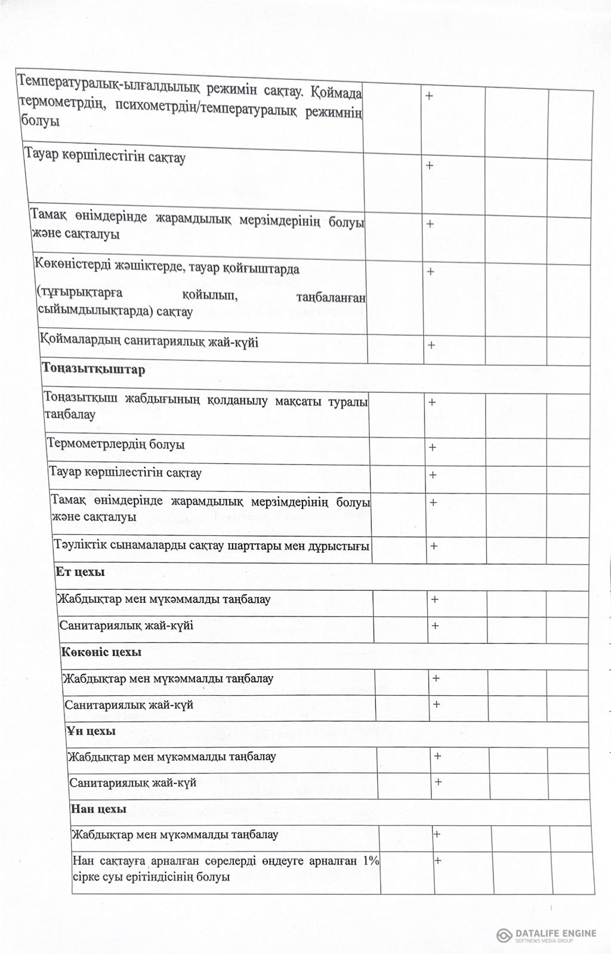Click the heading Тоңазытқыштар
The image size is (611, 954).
pos(93,369)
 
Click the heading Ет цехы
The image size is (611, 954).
pos(80,572)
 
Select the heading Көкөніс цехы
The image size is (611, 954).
pos(101,652)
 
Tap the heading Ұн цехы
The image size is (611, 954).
pos(91,731)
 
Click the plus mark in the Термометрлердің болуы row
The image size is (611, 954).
pos(432,447)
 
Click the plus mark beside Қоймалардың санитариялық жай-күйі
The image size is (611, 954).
pos(431,345)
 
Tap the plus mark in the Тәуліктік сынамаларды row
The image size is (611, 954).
pos(434,546)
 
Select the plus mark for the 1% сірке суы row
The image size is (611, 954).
pos(437,860)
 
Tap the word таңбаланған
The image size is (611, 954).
pos(331,298)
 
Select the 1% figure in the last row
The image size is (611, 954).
pos(370,860)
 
